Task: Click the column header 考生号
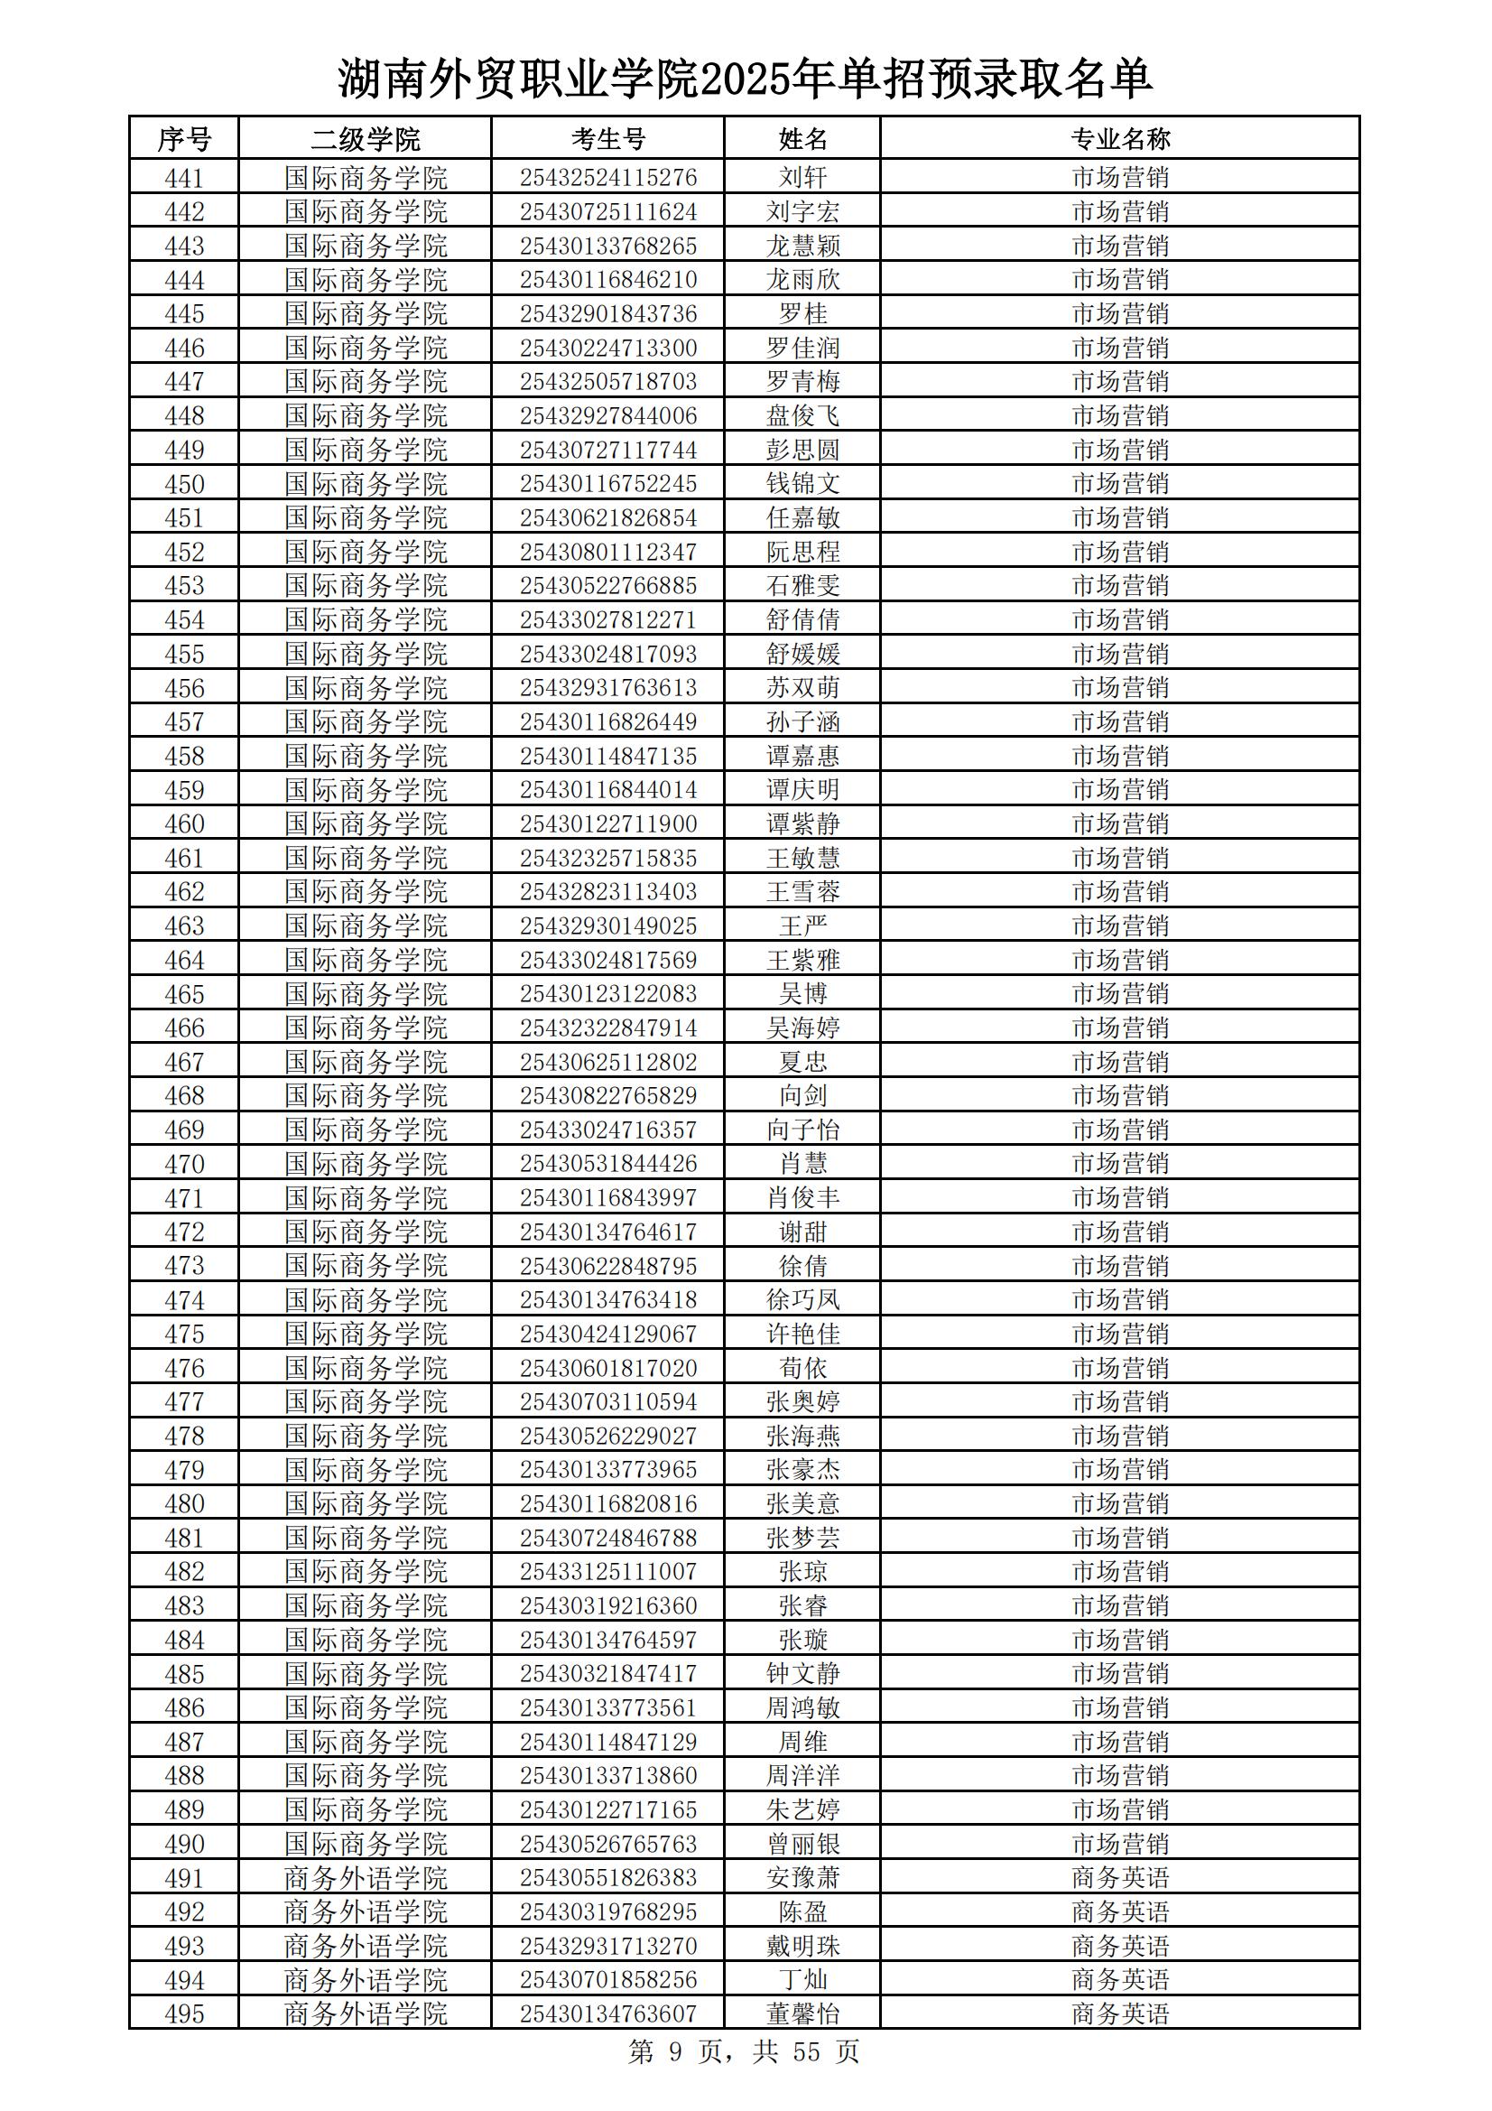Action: (x=607, y=139)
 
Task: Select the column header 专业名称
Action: (x=1120, y=139)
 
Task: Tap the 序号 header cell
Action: (x=184, y=139)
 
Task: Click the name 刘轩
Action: (x=802, y=178)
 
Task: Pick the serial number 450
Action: (x=184, y=484)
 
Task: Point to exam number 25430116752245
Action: (x=607, y=484)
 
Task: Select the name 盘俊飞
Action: (x=802, y=415)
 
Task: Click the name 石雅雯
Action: (x=802, y=586)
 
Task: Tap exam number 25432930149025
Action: (x=607, y=925)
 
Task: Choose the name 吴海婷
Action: (x=802, y=1028)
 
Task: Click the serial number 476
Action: (x=184, y=1368)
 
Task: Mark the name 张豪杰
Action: (x=802, y=1470)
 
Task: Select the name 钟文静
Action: (x=802, y=1674)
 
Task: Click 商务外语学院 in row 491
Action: (x=365, y=1878)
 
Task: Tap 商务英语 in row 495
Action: (x=1120, y=2014)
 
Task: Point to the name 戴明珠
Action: (x=802, y=1947)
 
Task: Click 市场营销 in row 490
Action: (x=1120, y=1845)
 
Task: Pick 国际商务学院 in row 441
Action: (x=365, y=178)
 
